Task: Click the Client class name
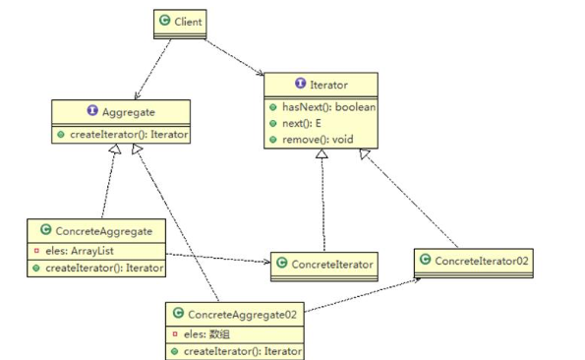(188, 22)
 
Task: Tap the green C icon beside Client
(164, 20)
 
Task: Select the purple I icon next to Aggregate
(92, 110)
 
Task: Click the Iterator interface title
(328, 85)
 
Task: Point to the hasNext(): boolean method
(328, 107)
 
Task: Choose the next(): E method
(302, 123)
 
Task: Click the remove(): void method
(318, 140)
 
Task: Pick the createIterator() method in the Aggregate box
(129, 135)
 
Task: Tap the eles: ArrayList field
(80, 251)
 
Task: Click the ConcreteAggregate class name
(103, 231)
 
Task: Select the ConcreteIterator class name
(332, 265)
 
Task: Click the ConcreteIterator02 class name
(482, 261)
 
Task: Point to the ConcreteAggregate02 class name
(242, 315)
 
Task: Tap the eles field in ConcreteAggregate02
(206, 333)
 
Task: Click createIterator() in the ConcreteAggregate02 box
(243, 351)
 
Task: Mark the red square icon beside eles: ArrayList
(36, 250)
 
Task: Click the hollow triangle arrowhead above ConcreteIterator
(322, 153)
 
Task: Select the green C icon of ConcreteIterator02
(425, 259)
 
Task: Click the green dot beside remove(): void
(273, 140)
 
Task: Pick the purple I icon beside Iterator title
(300, 83)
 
